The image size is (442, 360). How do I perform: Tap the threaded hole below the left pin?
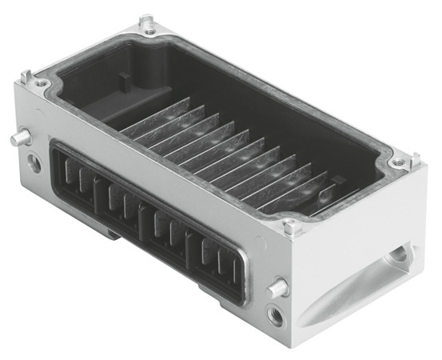[34, 163]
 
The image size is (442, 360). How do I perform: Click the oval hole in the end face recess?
[397, 258]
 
